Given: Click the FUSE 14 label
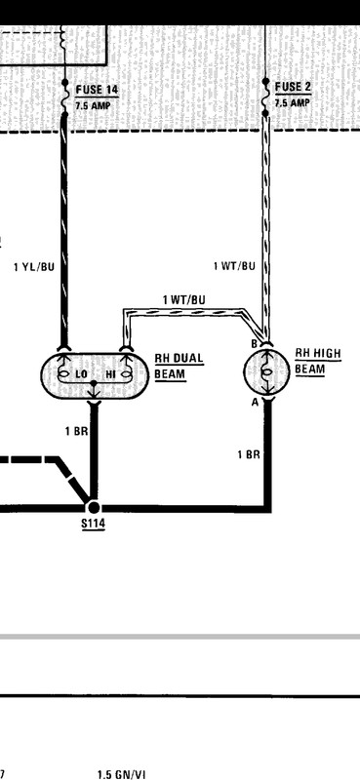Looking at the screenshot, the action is click(98, 90).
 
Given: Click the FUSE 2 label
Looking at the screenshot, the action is click(294, 87).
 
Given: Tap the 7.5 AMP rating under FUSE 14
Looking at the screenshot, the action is click(93, 106).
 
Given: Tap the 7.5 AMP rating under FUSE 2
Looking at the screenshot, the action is click(293, 103).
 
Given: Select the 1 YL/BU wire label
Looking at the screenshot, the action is click(34, 267).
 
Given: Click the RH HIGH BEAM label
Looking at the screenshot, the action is click(318, 361).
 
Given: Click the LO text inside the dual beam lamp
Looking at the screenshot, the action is click(81, 374).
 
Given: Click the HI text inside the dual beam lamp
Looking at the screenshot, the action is click(110, 374).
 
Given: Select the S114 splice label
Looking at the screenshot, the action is click(94, 524).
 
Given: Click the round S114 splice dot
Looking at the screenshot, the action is click(94, 507).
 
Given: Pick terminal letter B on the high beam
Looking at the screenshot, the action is click(254, 344).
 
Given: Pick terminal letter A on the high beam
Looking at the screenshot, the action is click(255, 403).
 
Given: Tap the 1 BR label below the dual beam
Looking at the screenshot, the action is click(76, 431).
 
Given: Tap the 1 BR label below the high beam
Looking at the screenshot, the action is click(248, 454).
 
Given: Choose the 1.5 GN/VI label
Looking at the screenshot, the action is click(122, 774).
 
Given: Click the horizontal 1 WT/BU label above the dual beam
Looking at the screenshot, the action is click(183, 300).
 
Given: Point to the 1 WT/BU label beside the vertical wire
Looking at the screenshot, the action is click(234, 266).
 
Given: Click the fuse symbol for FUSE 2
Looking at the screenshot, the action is click(265, 97).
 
